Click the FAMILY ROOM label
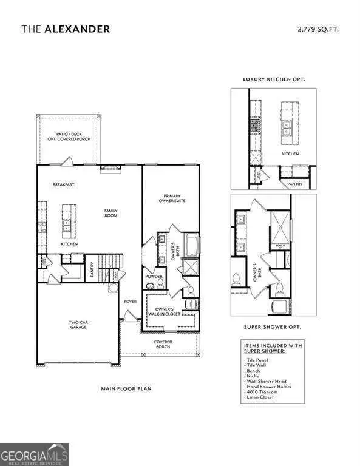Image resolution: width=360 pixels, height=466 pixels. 110,213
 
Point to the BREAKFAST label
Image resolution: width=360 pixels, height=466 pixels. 63,184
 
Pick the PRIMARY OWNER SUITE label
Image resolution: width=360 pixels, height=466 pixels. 174,198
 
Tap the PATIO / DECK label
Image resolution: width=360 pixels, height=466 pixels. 67,135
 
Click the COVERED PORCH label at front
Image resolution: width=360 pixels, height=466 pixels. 163,344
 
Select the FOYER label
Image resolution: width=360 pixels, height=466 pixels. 130,302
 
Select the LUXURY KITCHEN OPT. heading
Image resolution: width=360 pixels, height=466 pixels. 274,79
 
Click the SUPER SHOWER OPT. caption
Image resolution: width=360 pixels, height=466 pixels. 272,326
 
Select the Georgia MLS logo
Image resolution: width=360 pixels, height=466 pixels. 35,454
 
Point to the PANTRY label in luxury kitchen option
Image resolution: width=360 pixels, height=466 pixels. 294,183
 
